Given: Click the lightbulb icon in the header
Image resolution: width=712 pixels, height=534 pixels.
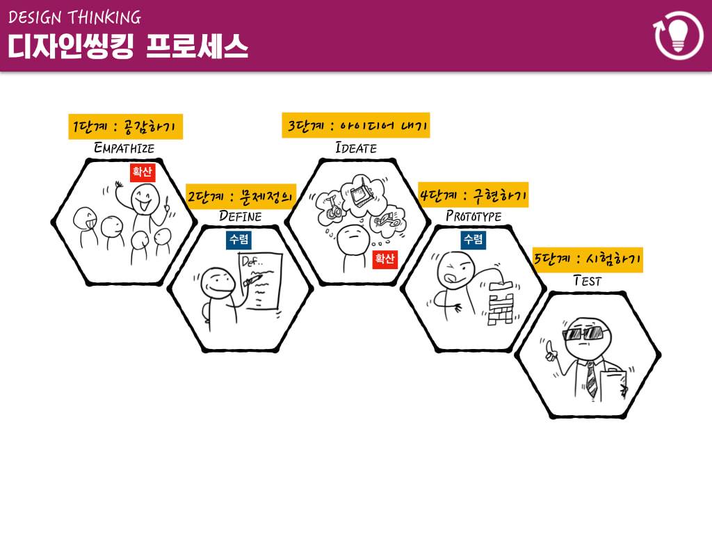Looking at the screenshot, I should click(679, 34).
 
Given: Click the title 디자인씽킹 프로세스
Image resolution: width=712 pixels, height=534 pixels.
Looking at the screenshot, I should click(128, 47).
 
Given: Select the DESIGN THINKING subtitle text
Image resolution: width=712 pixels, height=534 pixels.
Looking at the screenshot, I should click(74, 17).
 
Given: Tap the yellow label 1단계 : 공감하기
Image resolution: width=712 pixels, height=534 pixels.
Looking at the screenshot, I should click(125, 127).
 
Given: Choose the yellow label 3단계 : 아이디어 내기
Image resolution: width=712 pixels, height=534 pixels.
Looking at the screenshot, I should click(355, 127).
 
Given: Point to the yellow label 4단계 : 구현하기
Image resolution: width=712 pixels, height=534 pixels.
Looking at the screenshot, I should click(473, 195).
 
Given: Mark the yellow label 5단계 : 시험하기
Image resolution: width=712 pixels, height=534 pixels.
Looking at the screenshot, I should click(588, 260).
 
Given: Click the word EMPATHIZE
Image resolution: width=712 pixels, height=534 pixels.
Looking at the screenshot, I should click(124, 148).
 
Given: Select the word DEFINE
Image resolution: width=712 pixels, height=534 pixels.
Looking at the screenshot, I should click(241, 216).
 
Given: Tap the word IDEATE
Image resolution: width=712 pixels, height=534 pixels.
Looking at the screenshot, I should click(355, 148).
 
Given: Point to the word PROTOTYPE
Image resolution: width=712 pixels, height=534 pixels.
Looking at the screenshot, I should click(473, 216).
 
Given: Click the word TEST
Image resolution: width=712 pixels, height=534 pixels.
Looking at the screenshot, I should click(587, 281).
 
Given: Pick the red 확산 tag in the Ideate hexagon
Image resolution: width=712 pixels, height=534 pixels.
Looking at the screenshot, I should click(385, 259).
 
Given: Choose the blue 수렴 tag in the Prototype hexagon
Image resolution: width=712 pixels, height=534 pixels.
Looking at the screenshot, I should click(473, 240).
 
